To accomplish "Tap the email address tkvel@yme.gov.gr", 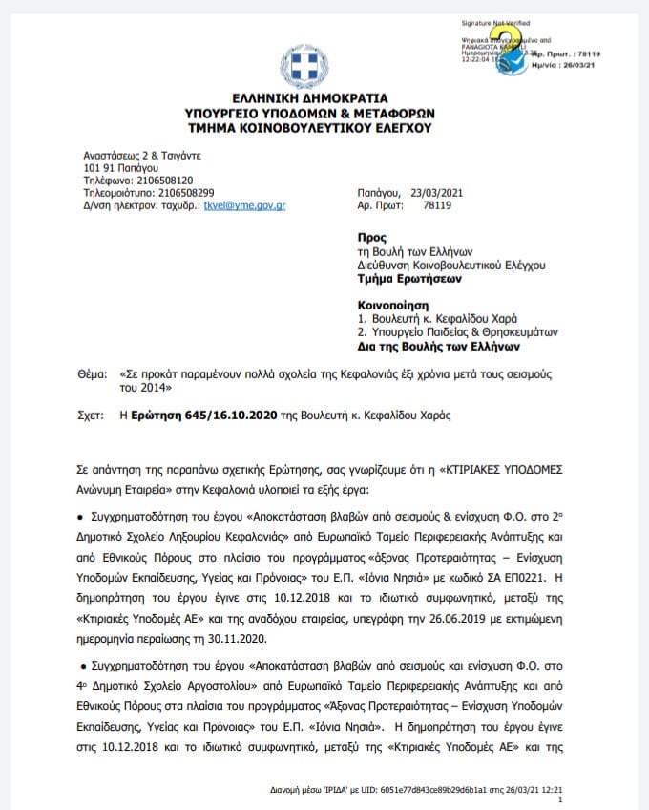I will (x=245, y=205).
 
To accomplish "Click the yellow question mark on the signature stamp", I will (x=523, y=39).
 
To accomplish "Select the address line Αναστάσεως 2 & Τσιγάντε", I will (x=140, y=155).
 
